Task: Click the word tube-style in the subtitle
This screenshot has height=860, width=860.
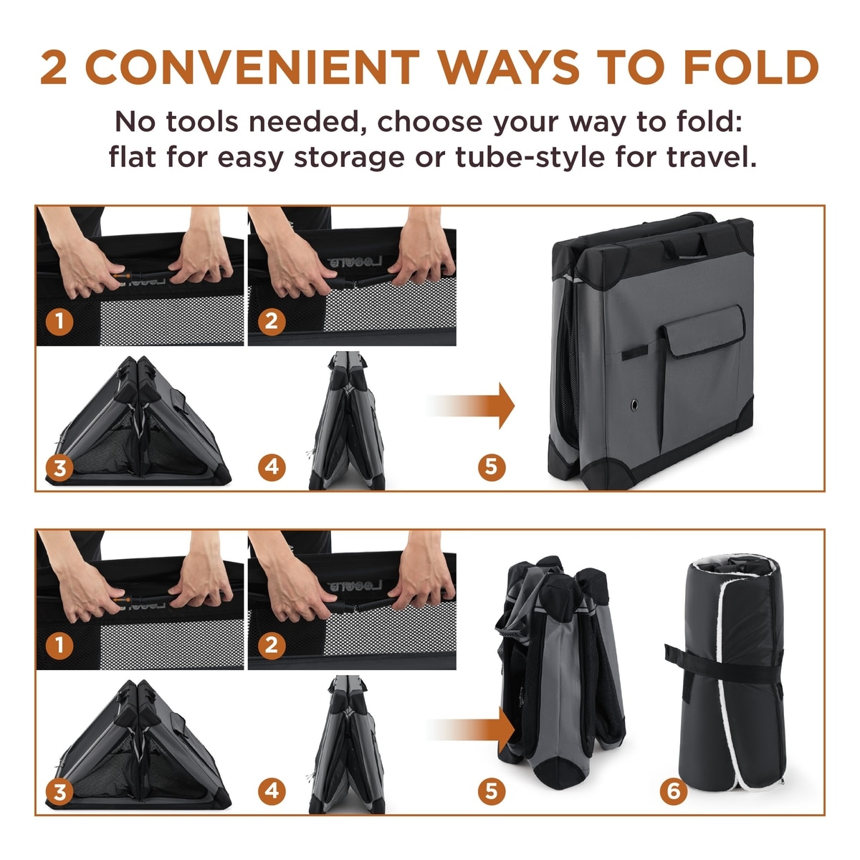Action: click(529, 157)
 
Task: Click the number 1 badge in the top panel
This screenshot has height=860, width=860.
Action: click(59, 321)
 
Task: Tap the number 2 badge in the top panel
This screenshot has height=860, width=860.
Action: click(272, 321)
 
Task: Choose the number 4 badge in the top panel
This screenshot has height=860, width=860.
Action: click(272, 467)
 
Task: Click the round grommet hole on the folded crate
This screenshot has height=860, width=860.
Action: click(634, 405)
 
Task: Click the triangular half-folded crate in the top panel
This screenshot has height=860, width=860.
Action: click(138, 421)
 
